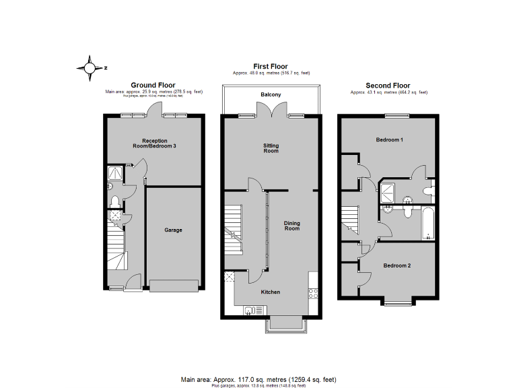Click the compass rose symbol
(x=89, y=67)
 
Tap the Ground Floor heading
(x=153, y=85)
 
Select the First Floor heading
(x=269, y=66)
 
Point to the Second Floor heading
(x=388, y=86)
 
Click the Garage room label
(x=174, y=230)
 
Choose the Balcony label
(x=271, y=95)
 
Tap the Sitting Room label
(x=271, y=148)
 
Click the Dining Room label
(x=291, y=226)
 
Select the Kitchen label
(x=271, y=292)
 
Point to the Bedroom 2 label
(x=397, y=265)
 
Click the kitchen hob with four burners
(x=313, y=292)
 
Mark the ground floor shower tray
(x=115, y=174)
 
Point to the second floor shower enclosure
(x=390, y=191)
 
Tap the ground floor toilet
(x=114, y=201)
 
